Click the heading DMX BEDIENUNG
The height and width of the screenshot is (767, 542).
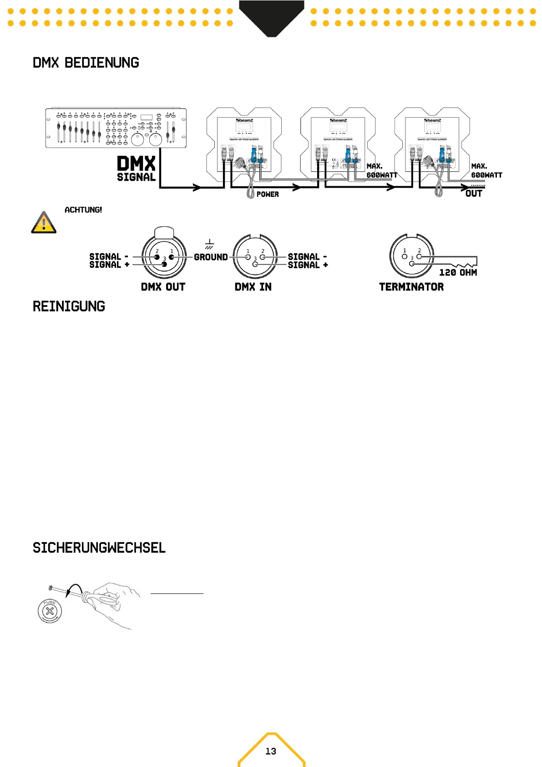(86, 63)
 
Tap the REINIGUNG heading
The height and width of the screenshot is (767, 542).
(69, 307)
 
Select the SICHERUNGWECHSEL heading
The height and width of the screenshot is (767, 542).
(99, 547)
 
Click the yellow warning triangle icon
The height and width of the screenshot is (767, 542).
(44, 222)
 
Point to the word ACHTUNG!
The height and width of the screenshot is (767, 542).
(83, 210)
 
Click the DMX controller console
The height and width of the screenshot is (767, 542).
(116, 128)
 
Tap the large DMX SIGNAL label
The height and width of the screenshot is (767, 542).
(136, 169)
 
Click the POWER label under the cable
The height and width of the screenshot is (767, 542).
(268, 194)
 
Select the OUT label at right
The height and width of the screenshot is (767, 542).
(473, 194)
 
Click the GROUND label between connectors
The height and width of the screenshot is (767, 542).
(211, 257)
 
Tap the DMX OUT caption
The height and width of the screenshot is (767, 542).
(163, 287)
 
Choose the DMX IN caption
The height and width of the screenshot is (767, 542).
(253, 287)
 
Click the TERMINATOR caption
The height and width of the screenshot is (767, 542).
(411, 287)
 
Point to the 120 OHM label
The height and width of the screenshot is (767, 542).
(458, 272)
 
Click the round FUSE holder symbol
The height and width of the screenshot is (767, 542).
(50, 611)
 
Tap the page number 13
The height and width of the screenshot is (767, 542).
(271, 751)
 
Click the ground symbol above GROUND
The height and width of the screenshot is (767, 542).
(209, 245)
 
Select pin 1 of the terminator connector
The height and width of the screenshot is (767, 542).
(405, 256)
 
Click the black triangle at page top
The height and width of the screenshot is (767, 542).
(271, 16)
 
